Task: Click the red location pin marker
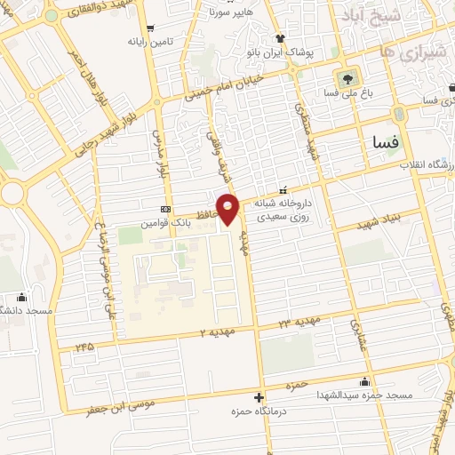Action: click(x=228, y=210)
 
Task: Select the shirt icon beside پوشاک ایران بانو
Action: click(x=281, y=38)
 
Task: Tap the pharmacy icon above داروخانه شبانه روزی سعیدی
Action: click(x=283, y=189)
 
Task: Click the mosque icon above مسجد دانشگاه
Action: click(x=22, y=298)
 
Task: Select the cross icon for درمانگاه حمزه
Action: click(x=259, y=397)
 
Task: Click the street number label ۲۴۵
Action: click(x=84, y=346)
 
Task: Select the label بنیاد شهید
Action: click(x=381, y=219)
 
